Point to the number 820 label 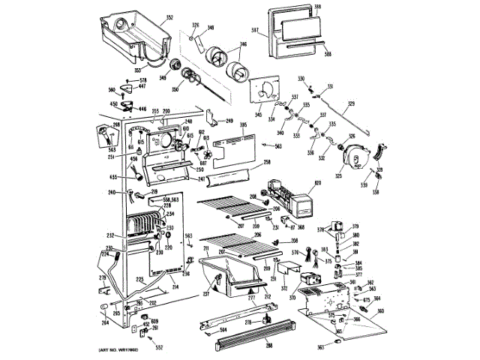pyautogui.click(x=316, y=182)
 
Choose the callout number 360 pyautogui.click(x=379, y=310)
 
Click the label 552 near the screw pyautogui.click(x=159, y=347)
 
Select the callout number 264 pyautogui.click(x=106, y=322)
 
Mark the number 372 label pyautogui.click(x=284, y=287)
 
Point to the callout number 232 pyautogui.click(x=109, y=235)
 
